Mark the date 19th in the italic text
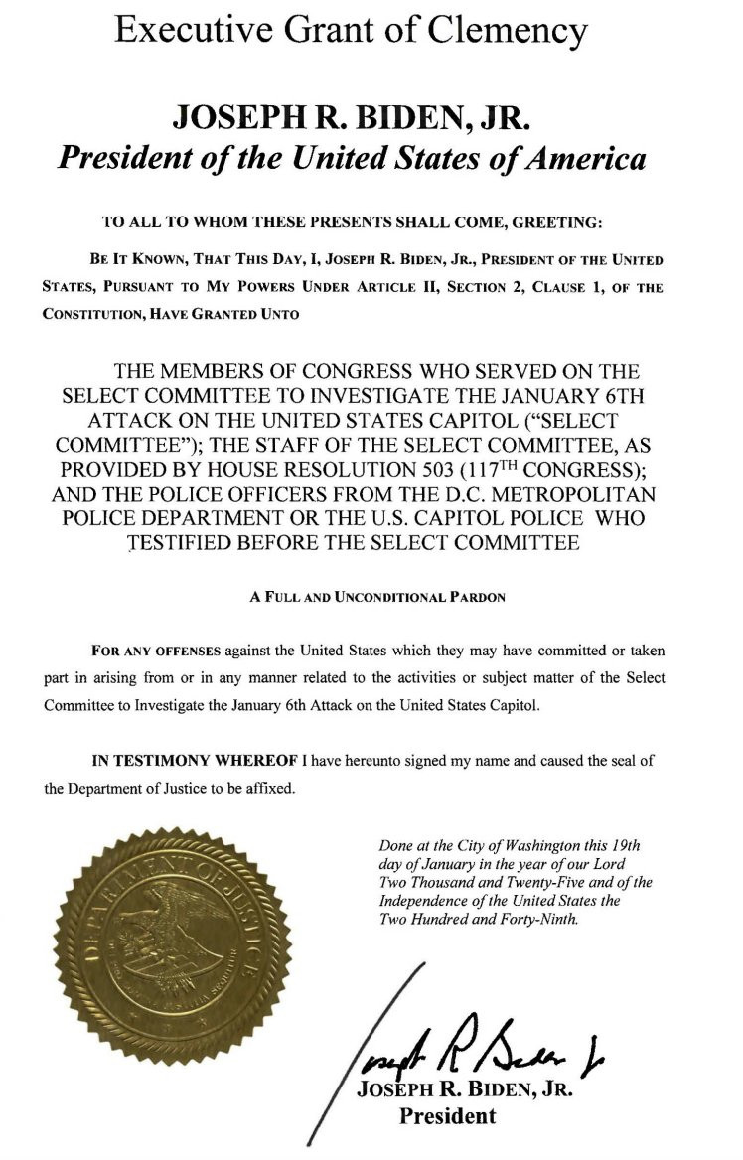pos(624,845)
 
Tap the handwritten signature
pos(467,1041)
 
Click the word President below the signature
pos(447,1115)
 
